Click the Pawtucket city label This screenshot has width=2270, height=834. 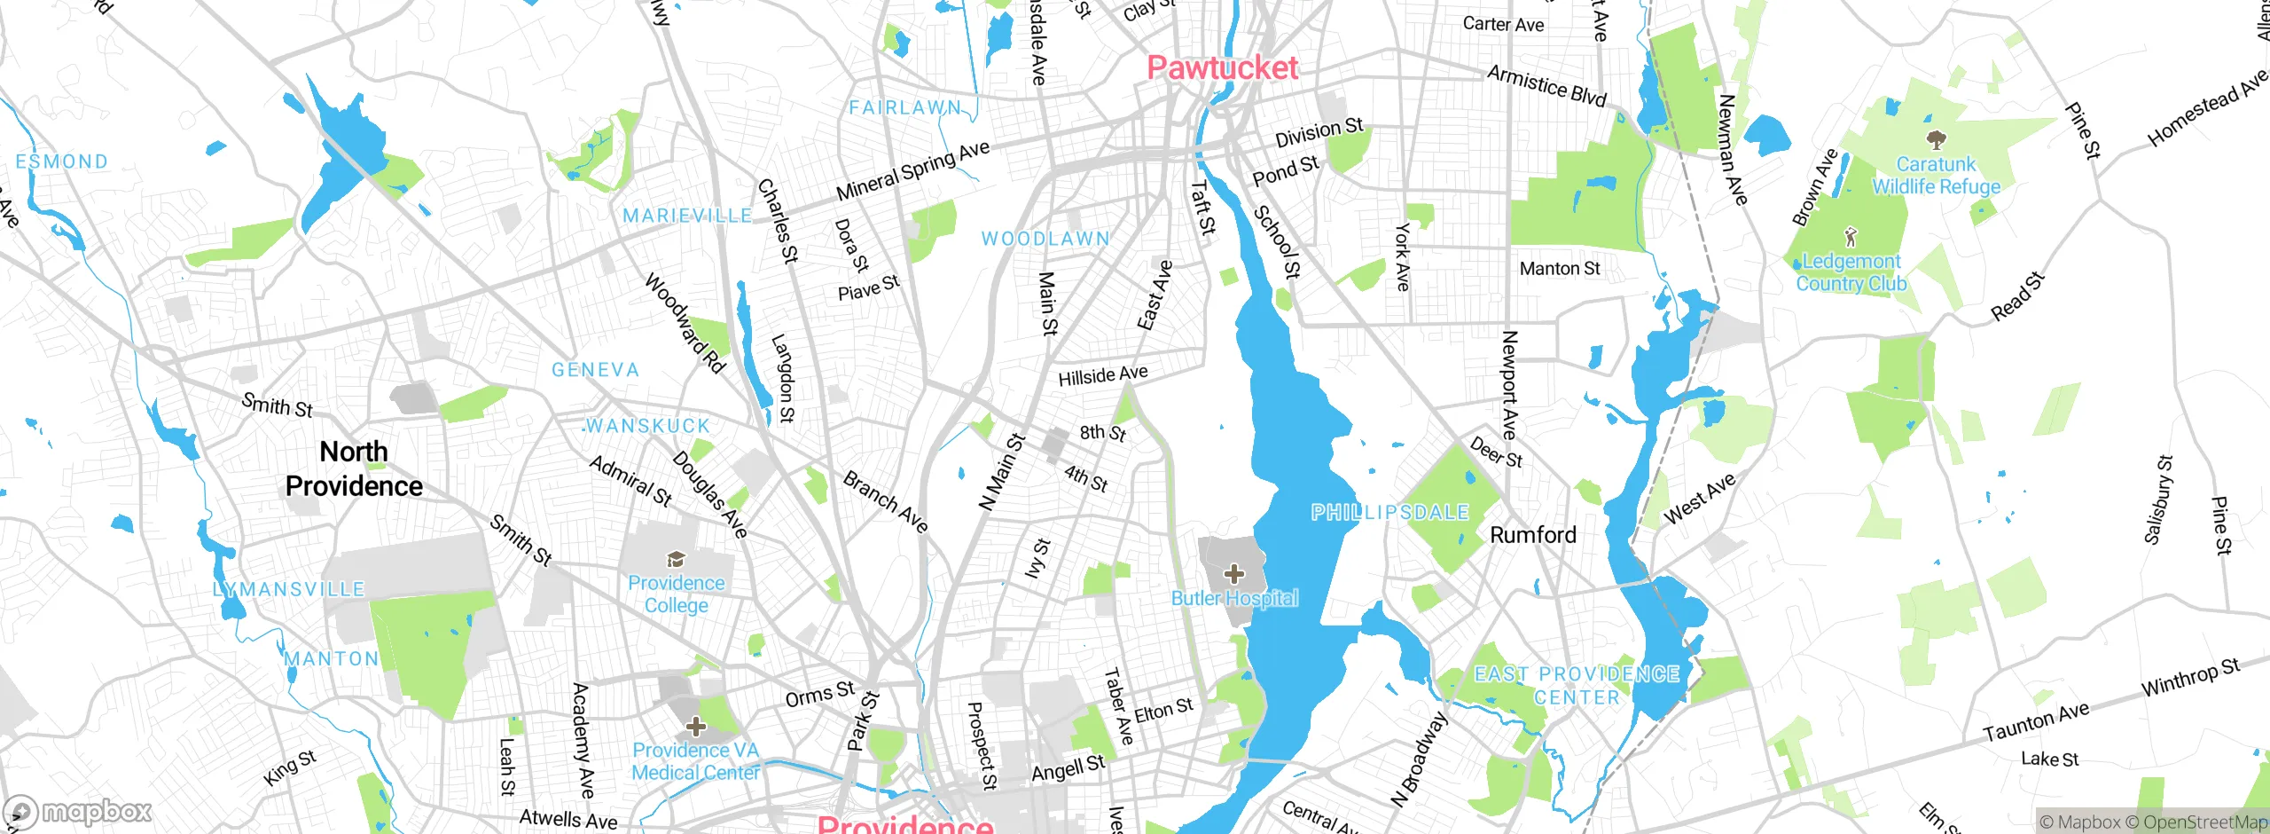tap(1222, 68)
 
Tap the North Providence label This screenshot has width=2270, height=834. tap(354, 468)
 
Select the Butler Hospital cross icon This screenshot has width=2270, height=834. tap(1233, 573)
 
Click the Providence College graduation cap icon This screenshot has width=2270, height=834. tap(676, 559)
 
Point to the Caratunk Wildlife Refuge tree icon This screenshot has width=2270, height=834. tap(1937, 139)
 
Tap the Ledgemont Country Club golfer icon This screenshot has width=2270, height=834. tap(1850, 237)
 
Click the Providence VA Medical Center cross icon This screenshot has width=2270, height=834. tap(696, 727)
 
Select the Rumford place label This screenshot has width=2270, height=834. tap(1533, 535)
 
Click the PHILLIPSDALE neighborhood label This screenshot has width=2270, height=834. tap(1389, 512)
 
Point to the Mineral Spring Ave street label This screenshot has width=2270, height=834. tap(912, 170)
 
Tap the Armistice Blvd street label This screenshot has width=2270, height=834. tap(1546, 85)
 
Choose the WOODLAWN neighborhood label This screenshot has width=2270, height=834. tap(1045, 239)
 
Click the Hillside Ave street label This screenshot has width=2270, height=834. tap(1103, 375)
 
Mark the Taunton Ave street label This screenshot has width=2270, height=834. tap(2036, 722)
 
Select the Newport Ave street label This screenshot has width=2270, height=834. tap(1509, 384)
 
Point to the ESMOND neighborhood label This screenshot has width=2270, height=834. tap(61, 161)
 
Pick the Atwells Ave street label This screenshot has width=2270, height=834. tap(567, 819)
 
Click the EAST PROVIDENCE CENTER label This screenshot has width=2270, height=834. tap(1577, 686)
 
